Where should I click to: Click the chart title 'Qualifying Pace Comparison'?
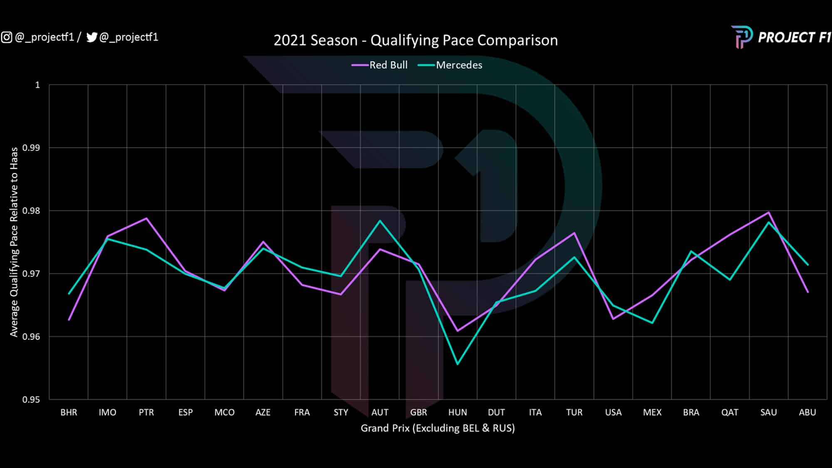415,40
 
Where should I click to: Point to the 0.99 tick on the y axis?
31,148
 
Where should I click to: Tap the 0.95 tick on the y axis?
31,399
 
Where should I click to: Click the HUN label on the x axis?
457,412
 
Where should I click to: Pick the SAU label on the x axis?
768,412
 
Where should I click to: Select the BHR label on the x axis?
69,412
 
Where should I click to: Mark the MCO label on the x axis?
224,412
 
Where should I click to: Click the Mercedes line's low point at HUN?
458,364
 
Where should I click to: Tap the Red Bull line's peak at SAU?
769,212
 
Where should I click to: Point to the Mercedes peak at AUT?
380,220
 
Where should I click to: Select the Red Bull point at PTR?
146,218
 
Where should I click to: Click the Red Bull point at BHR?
69,320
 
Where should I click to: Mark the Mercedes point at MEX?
652,323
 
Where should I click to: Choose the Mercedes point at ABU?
807,265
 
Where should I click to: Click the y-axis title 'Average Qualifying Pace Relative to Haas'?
14,242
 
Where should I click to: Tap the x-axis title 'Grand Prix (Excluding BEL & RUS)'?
438,428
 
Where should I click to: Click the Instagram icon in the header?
7,37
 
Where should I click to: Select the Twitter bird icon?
92,37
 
